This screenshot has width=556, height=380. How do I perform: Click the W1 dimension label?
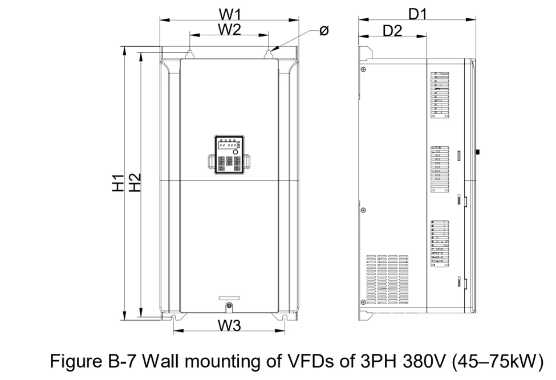[x=229, y=13]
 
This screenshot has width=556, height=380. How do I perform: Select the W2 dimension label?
[x=229, y=30]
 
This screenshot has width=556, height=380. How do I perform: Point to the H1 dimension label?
[x=118, y=182]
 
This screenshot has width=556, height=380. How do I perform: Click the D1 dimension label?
[x=417, y=13]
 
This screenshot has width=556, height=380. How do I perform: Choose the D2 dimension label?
[x=392, y=31]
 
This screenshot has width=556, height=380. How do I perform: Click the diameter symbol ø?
[x=323, y=31]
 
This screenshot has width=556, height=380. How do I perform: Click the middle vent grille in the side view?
[x=440, y=171]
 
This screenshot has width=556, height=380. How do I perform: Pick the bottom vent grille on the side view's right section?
[x=440, y=244]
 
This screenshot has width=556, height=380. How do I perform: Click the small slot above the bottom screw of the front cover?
[x=229, y=298]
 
